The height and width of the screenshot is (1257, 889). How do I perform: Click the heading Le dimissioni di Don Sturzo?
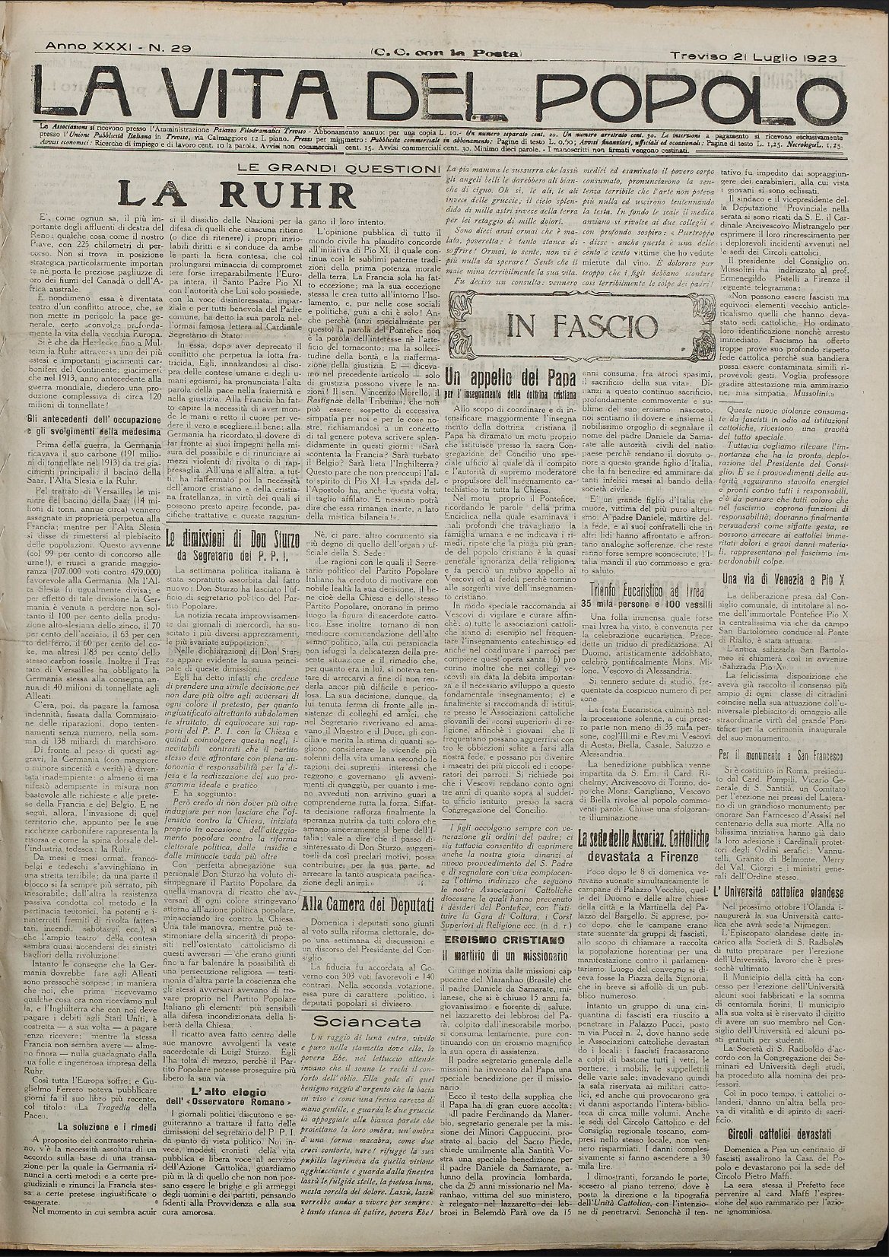pyautogui.click(x=233, y=539)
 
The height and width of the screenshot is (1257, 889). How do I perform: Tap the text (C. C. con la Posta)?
pyautogui.click(x=446, y=53)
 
